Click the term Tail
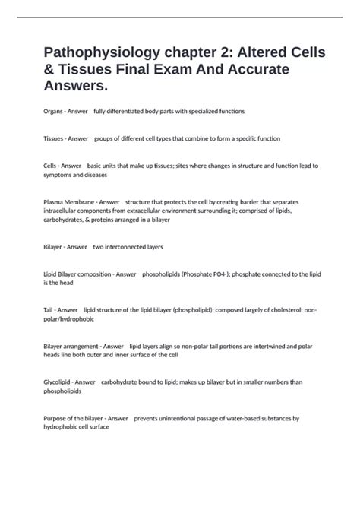(49, 310)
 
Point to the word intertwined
(261, 346)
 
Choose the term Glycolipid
(58, 382)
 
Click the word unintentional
(173, 418)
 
